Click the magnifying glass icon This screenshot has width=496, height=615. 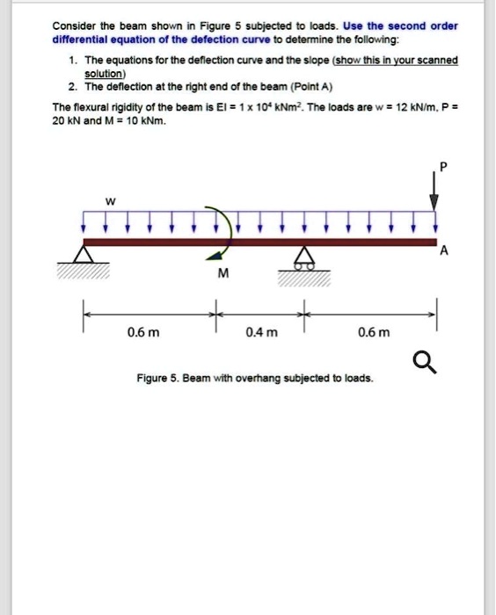[x=423, y=361]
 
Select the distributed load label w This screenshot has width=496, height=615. [x=110, y=202]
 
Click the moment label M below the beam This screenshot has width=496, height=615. [x=222, y=273]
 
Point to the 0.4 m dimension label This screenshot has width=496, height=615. [x=261, y=333]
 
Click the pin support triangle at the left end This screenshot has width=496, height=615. [x=84, y=254]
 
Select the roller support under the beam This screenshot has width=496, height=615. [x=304, y=257]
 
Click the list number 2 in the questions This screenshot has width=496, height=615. [x=69, y=89]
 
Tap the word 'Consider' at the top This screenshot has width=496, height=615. [x=74, y=25]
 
